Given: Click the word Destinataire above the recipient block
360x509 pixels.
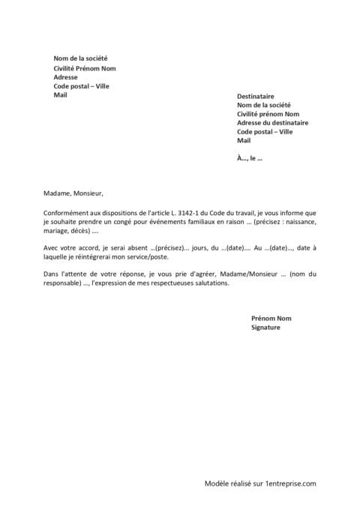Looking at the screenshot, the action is (x=256, y=97).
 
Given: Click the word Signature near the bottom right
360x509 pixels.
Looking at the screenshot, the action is (x=265, y=328).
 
